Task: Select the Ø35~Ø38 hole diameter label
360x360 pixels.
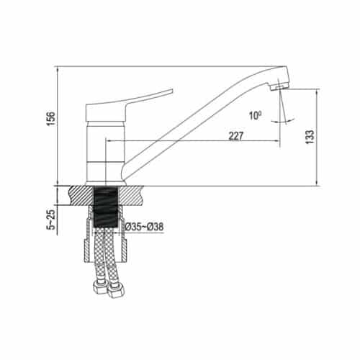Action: pos(143,227)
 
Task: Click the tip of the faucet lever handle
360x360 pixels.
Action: pos(171,91)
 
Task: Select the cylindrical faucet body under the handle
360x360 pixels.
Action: pos(107,151)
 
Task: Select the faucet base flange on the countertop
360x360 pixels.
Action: pos(107,182)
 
